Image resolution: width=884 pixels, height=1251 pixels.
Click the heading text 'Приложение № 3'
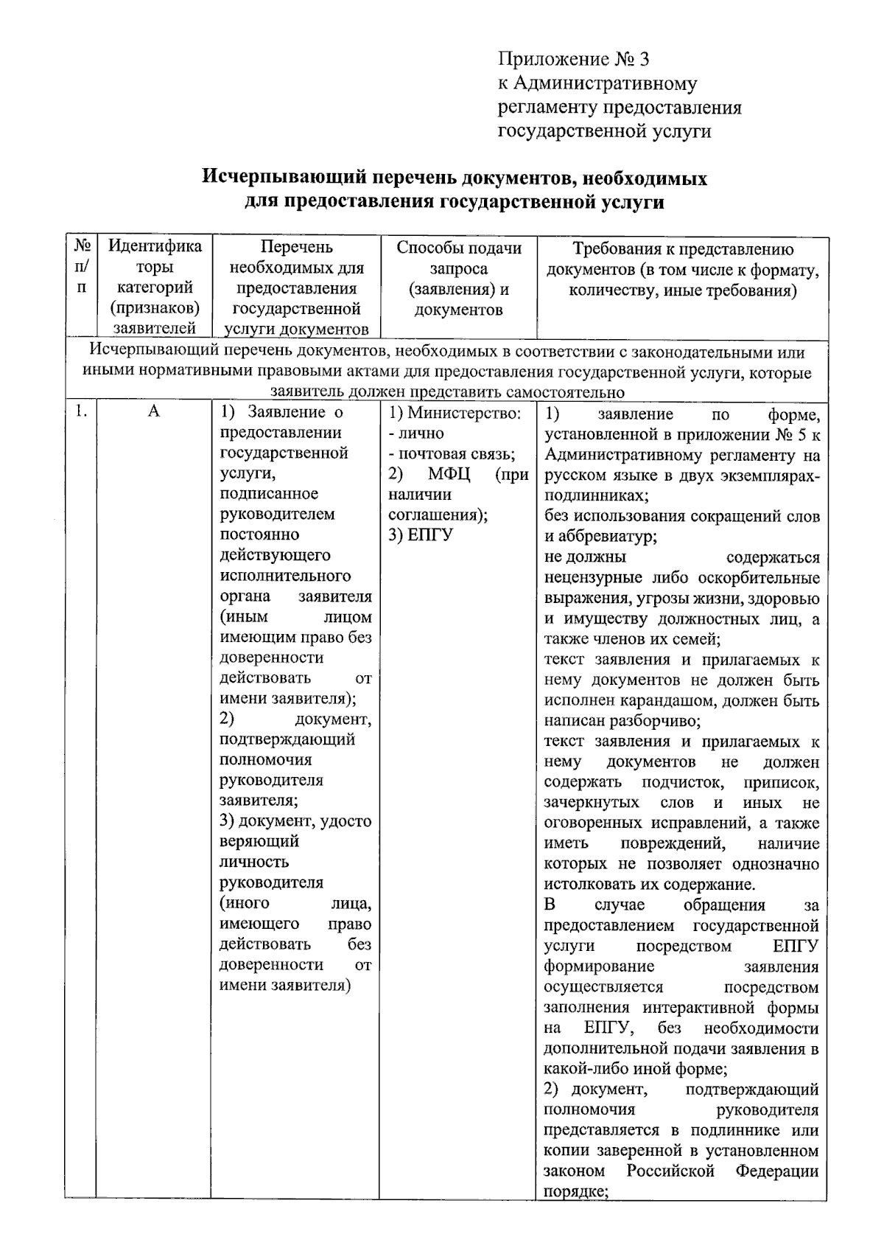pos(573,59)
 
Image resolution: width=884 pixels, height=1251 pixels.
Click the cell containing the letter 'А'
pos(154,411)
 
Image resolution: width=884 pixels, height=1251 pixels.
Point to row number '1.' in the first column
pos(80,411)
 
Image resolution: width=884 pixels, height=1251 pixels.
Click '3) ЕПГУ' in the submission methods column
pos(420,535)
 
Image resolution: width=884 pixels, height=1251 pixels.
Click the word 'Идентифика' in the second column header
pos(155,246)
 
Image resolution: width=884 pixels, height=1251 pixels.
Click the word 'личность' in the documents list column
pos(253,862)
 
